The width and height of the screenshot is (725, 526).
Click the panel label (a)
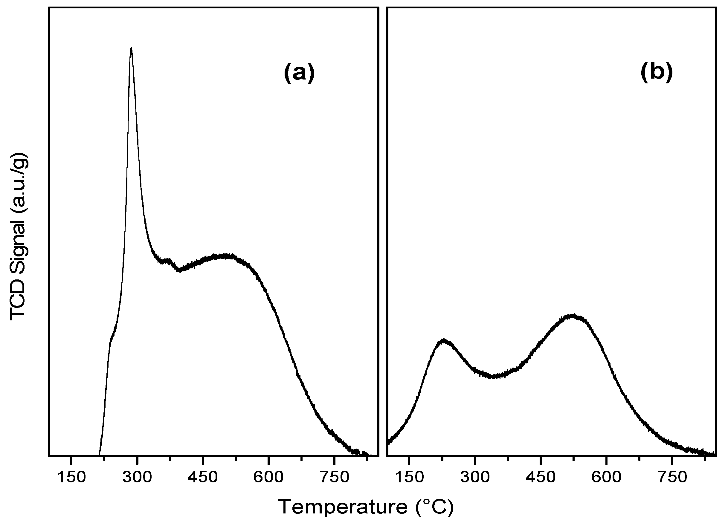pyautogui.click(x=299, y=73)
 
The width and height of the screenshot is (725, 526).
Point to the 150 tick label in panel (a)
pyautogui.click(x=71, y=477)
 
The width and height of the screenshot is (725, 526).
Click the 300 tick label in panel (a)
pyautogui.click(x=137, y=477)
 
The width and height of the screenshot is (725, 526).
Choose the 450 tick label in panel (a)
pyautogui.click(x=203, y=477)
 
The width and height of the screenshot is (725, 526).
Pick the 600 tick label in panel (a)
pyautogui.click(x=268, y=477)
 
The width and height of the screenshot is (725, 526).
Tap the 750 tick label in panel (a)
pyautogui.click(x=334, y=477)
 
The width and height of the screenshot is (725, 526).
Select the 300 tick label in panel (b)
pyautogui.click(x=475, y=477)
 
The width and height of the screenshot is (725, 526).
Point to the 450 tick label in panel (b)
pyautogui.click(x=540, y=477)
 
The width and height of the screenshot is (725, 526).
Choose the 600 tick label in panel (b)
pyautogui.click(x=606, y=477)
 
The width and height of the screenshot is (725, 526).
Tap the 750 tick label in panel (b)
pyautogui.click(x=672, y=477)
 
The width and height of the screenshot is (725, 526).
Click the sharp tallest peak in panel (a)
pyautogui.click(x=131, y=49)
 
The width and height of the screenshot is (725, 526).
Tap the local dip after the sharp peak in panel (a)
pyautogui.click(x=179, y=270)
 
